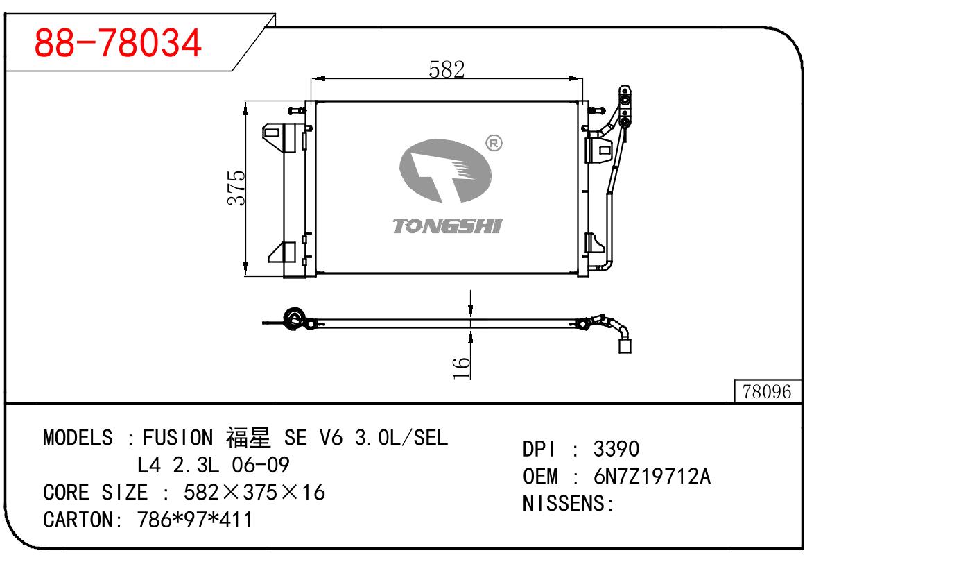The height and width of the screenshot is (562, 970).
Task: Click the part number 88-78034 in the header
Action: click(x=118, y=43)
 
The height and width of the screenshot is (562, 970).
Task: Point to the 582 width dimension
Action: click(x=446, y=69)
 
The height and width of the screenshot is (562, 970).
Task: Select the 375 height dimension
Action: click(x=236, y=187)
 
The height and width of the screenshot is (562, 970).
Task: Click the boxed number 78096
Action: click(x=766, y=392)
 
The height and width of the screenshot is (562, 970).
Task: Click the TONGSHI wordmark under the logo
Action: click(x=447, y=226)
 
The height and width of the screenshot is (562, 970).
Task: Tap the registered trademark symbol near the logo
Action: click(x=494, y=144)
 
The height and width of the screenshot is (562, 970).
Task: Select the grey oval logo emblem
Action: click(x=444, y=170)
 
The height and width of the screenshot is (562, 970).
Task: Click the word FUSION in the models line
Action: click(x=178, y=438)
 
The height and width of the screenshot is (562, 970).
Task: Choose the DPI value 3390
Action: click(x=616, y=449)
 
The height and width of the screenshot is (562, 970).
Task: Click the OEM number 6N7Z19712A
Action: click(x=652, y=477)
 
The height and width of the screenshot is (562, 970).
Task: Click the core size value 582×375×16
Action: click(x=254, y=493)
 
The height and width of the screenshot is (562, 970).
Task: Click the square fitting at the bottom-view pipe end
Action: click(x=625, y=345)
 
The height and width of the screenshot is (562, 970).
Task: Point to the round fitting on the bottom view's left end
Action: click(x=295, y=320)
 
